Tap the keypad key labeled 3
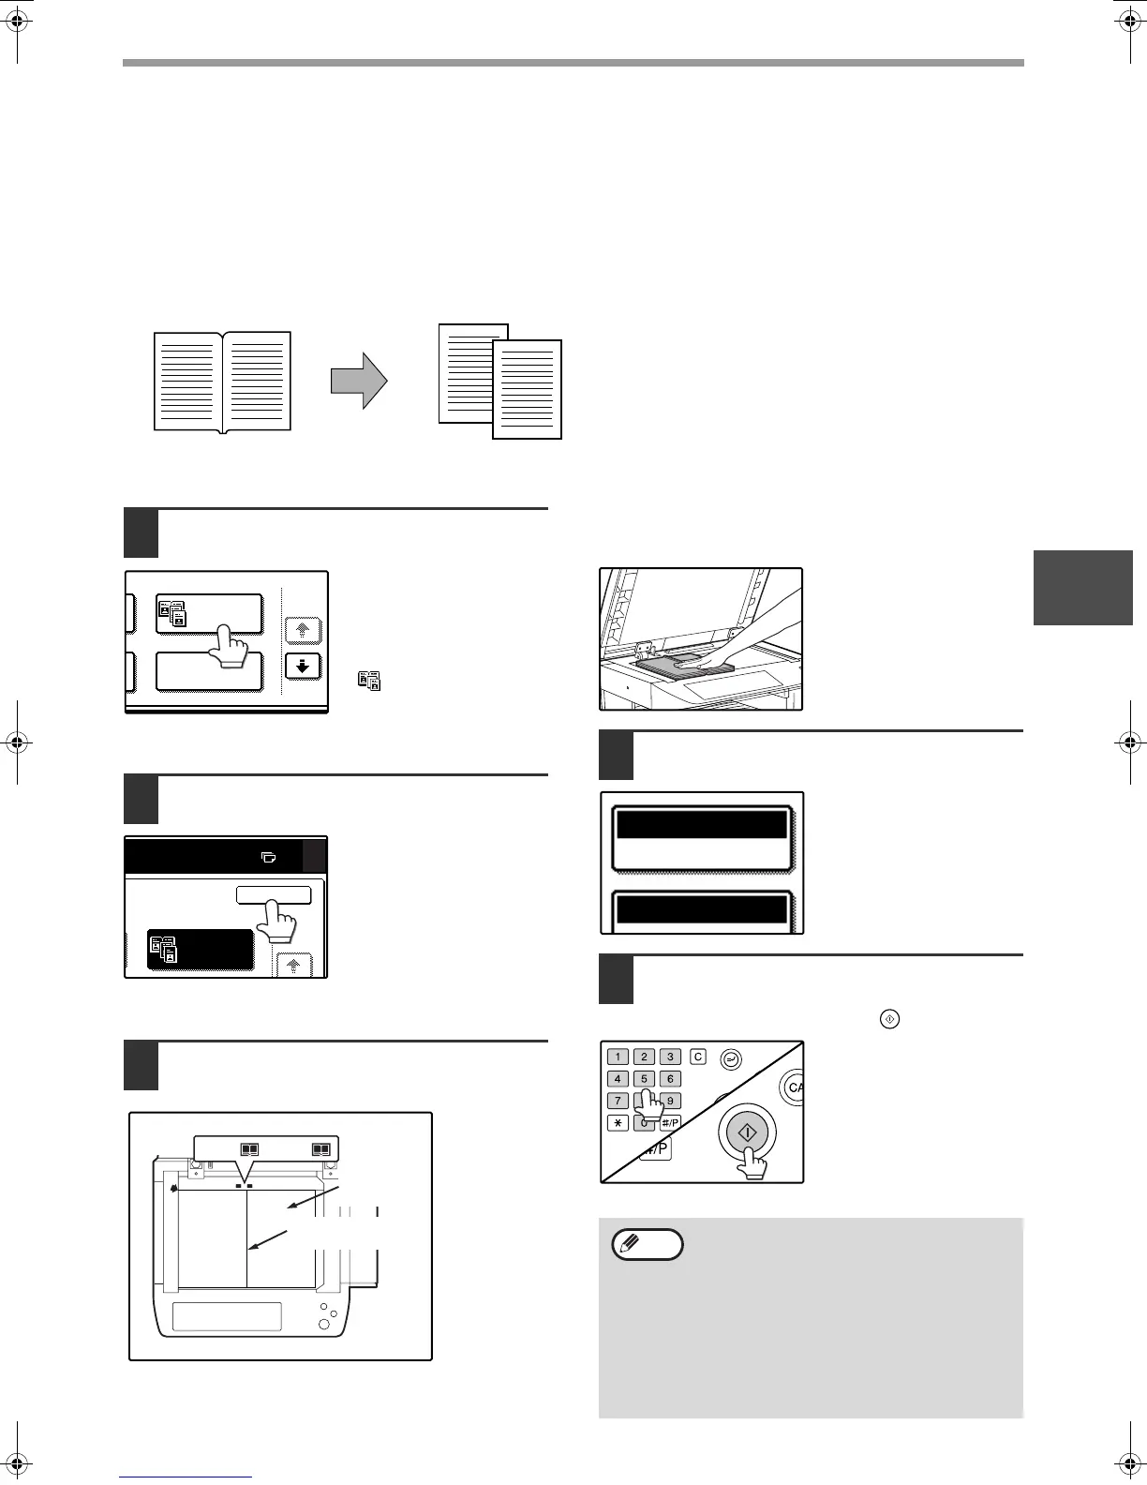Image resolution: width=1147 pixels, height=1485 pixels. [x=669, y=1057]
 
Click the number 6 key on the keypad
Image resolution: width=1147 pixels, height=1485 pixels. [x=669, y=1078]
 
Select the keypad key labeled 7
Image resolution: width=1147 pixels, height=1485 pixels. [x=618, y=1101]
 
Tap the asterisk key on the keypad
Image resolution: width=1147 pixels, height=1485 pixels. [x=618, y=1123]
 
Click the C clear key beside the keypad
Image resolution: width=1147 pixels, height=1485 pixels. [x=698, y=1057]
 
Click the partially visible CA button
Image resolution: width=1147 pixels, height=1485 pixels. [x=793, y=1087]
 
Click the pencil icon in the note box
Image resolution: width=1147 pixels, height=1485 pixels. [x=647, y=1245]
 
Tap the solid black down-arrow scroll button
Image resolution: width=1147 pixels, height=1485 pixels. [x=302, y=667]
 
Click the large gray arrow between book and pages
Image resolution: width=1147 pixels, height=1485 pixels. [x=359, y=382]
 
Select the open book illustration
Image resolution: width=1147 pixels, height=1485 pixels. [x=222, y=382]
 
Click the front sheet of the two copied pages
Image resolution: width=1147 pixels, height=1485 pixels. [x=527, y=389]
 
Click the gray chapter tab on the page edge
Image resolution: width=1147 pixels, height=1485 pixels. [x=1082, y=588]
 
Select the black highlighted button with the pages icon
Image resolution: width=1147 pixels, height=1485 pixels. [x=200, y=949]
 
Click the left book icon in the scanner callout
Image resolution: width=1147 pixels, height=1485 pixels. [x=249, y=1148]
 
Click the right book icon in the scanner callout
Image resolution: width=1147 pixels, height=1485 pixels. [x=320, y=1148]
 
